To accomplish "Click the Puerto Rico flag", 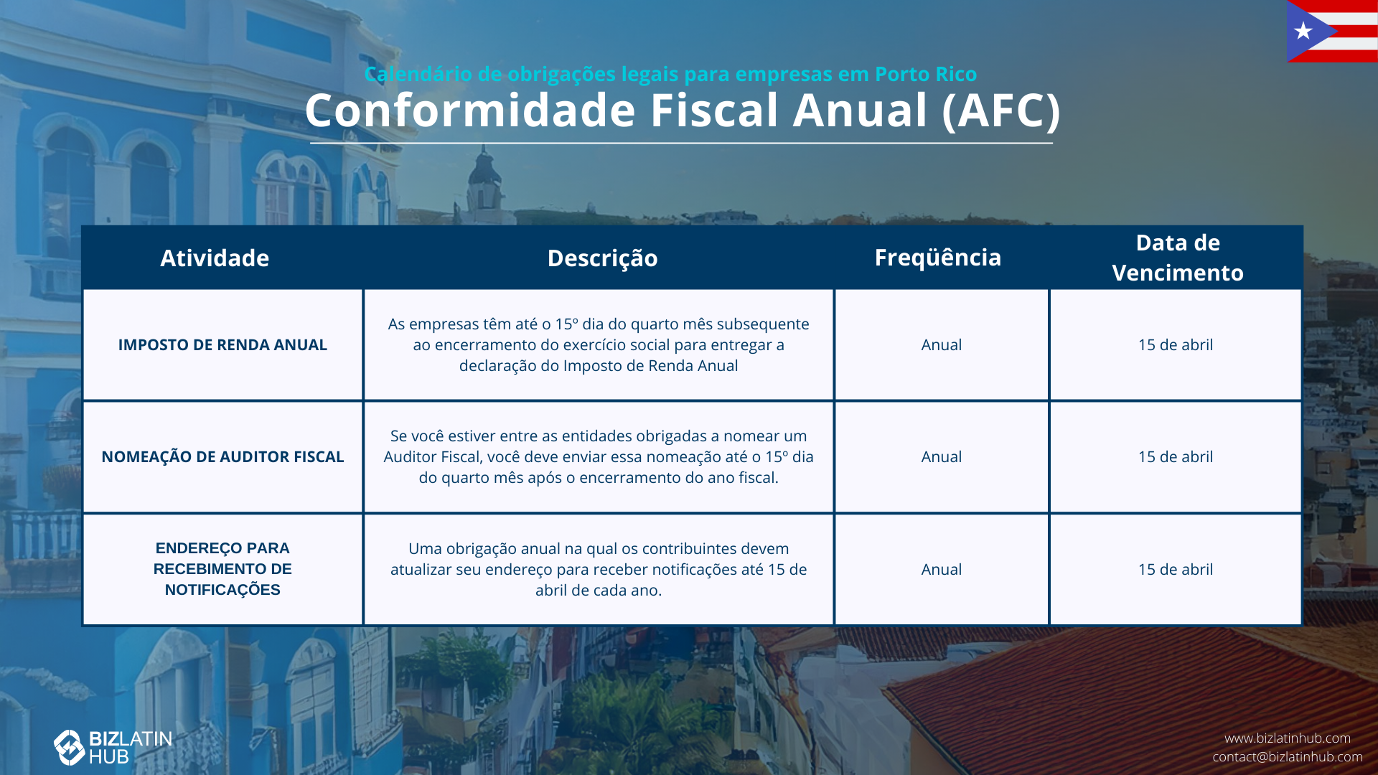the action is coord(1332,32).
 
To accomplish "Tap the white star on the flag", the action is coord(1303,31).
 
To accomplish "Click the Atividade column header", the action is coord(215,258).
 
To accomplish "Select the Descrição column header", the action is coord(602,258).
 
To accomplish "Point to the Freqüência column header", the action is coord(937,257).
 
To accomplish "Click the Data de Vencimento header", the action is coord(1178,258).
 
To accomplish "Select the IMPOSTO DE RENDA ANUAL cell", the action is coord(222,344).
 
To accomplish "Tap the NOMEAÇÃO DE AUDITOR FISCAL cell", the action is coord(222,456).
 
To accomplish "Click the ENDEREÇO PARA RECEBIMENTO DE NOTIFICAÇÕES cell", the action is coord(222,569).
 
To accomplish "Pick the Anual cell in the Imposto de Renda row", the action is coord(942,344).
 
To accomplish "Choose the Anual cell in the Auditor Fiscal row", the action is coord(942,456).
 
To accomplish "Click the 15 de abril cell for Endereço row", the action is coord(1176,569).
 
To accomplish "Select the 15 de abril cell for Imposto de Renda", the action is coord(1176,344).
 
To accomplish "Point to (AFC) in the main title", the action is coord(1001,111).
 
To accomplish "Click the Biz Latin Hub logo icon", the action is coord(70,748).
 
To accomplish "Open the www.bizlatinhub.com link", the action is coord(1288,738).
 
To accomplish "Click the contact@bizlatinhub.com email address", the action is coord(1288,756).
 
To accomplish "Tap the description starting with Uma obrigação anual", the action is coord(599,569).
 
